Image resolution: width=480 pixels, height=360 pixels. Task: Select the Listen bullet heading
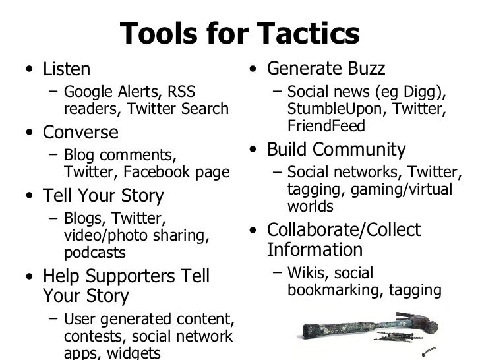tap(67, 69)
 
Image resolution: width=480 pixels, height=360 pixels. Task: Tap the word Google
tap(89, 92)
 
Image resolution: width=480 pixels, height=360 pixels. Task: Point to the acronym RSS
tap(181, 92)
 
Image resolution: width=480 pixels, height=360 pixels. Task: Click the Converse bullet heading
tap(80, 133)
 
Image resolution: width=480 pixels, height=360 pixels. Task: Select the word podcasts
tap(94, 253)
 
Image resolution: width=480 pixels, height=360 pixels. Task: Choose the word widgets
tap(132, 353)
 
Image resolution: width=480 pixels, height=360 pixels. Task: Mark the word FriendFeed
tap(326, 125)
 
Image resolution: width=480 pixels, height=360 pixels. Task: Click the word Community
tap(365, 149)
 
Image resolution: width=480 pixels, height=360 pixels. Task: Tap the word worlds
tap(311, 206)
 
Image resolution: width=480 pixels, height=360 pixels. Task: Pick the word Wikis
tap(307, 273)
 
